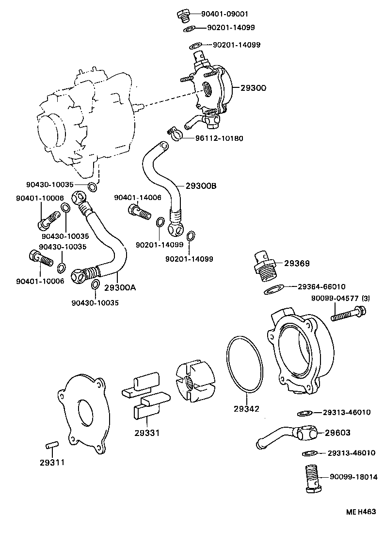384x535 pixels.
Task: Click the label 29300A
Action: [x=120, y=287]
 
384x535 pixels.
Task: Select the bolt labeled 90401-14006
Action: [x=137, y=212]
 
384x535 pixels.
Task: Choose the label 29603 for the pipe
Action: [x=337, y=432]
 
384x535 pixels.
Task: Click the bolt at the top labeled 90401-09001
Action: [x=183, y=16]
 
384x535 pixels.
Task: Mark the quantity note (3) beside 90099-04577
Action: [x=365, y=298]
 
